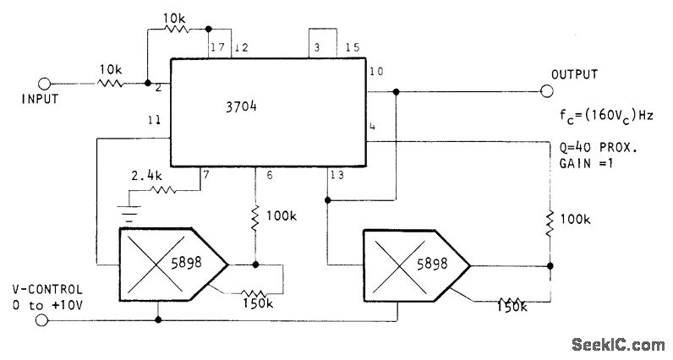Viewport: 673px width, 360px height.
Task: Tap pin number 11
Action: point(154,121)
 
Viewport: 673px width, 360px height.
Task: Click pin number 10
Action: point(376,72)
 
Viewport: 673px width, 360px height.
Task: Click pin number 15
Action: point(353,48)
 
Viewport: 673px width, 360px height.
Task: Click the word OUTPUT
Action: point(576,74)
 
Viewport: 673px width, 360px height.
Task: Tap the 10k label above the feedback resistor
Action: point(174,19)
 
